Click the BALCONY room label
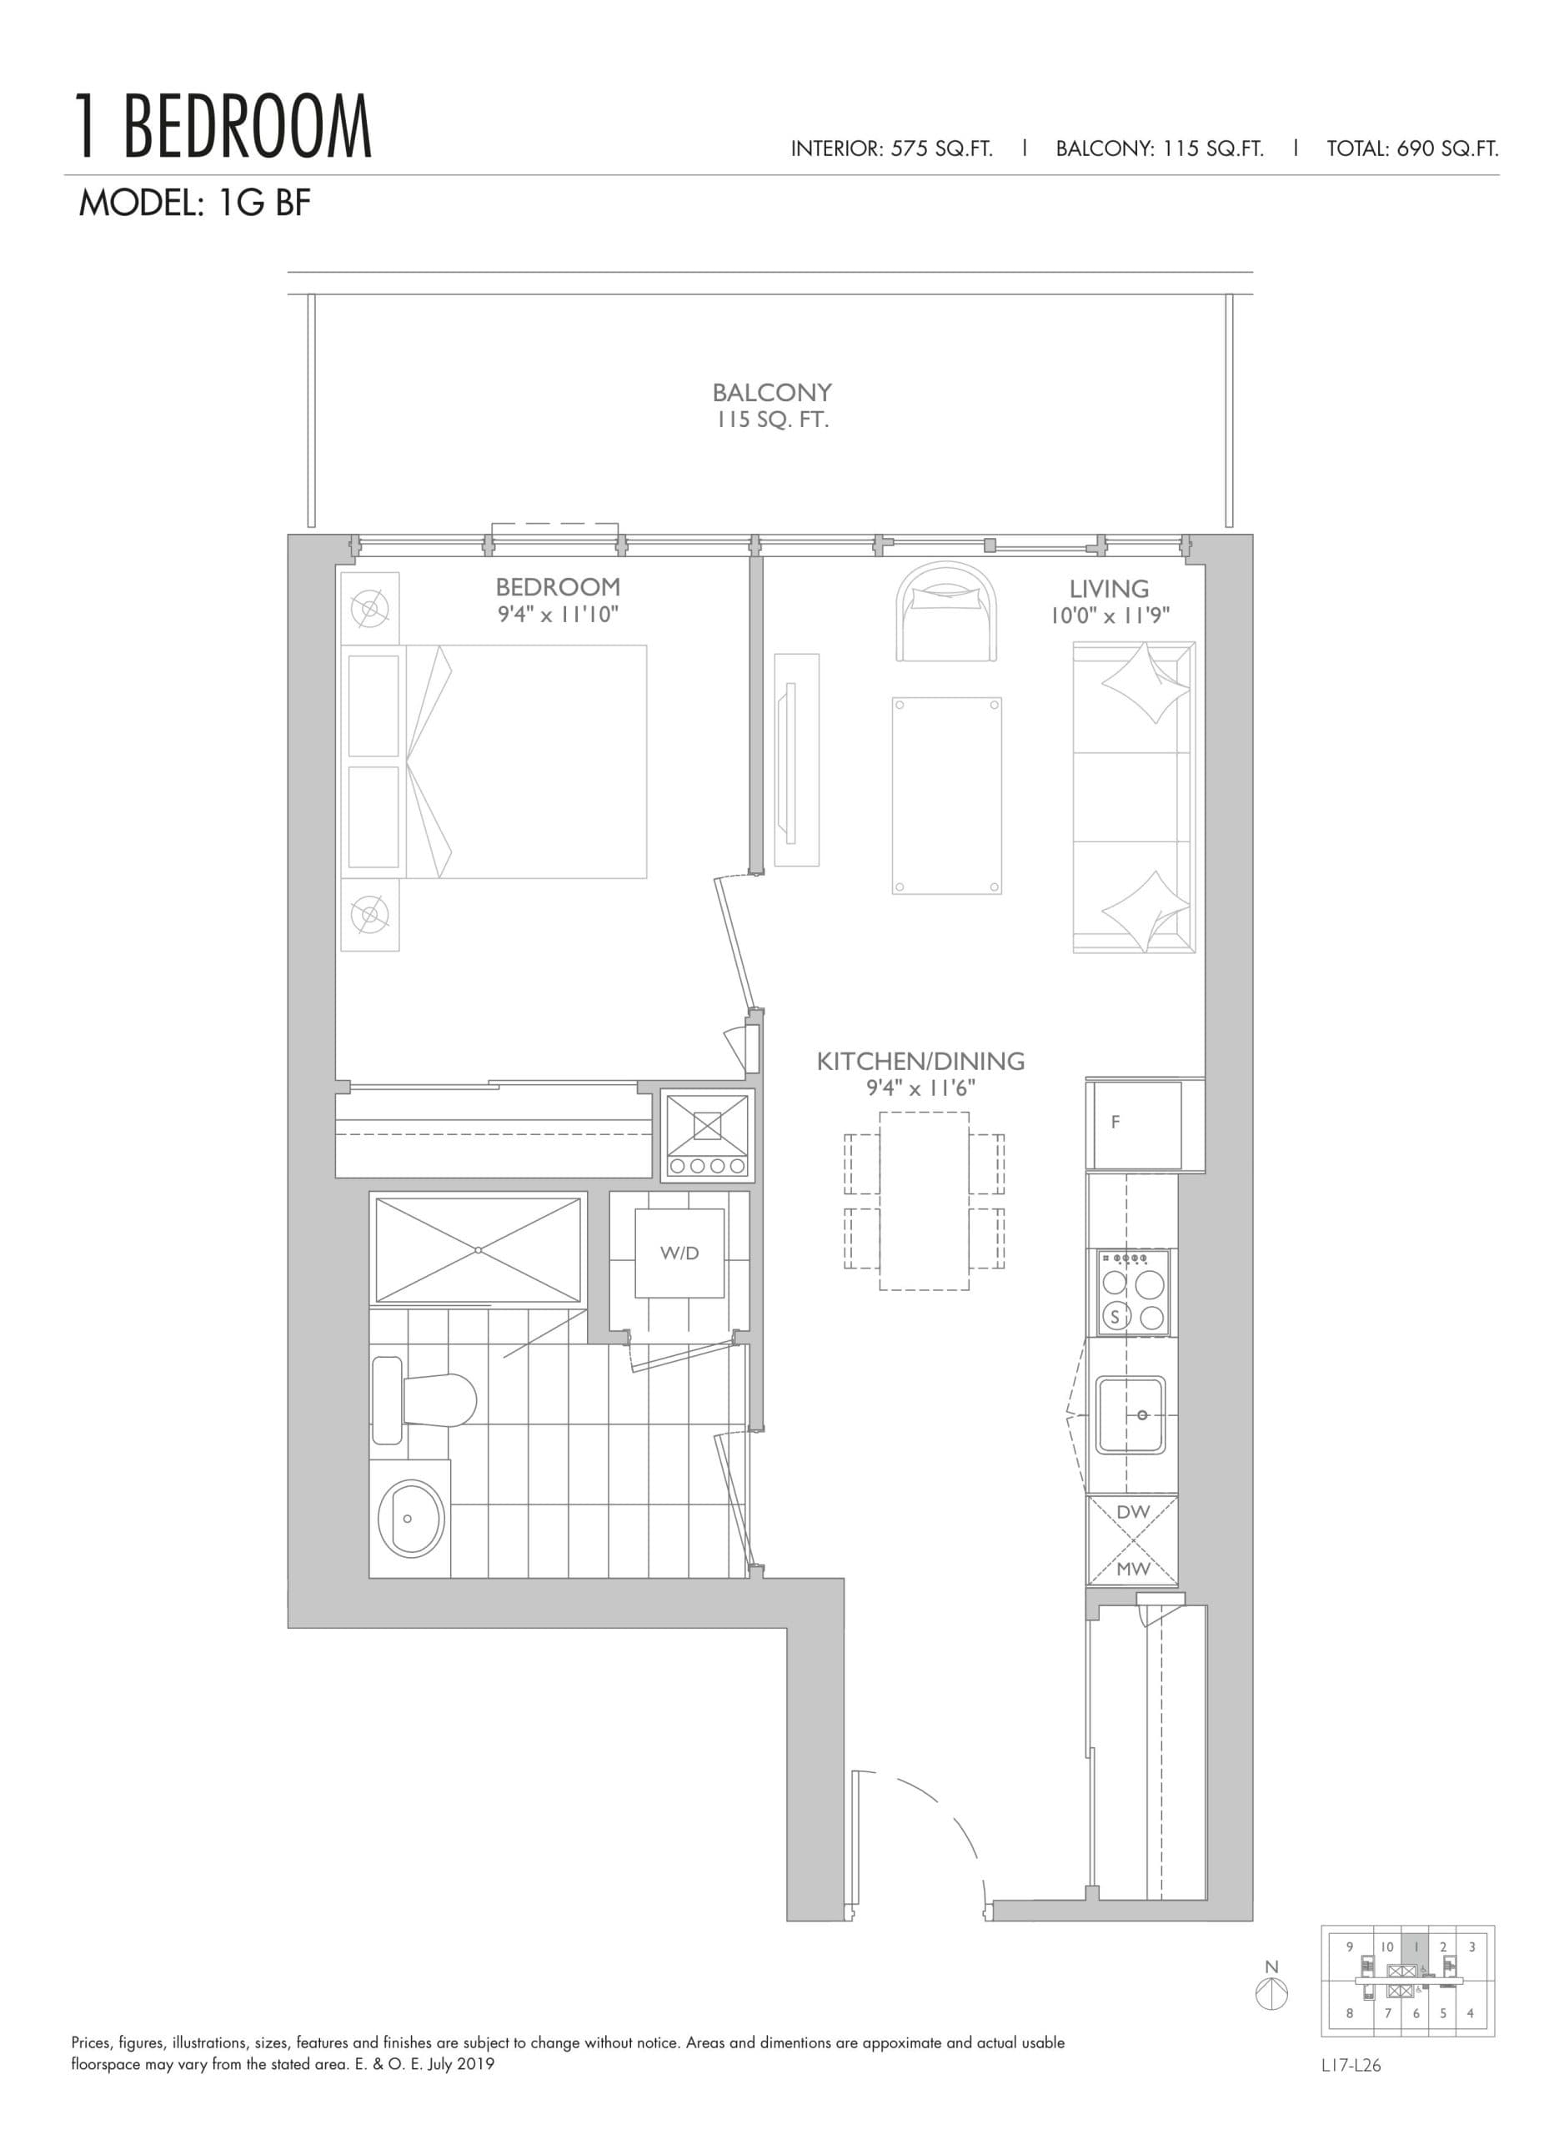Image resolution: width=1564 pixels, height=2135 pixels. pyautogui.click(x=772, y=392)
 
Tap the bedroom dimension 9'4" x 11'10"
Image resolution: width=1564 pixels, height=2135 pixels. pyautogui.click(x=558, y=615)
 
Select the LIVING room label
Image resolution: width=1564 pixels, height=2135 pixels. pyautogui.click(x=1109, y=589)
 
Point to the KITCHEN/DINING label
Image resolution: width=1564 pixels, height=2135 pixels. pyautogui.click(x=920, y=1062)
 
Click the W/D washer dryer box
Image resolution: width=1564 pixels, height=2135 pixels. pyautogui.click(x=679, y=1253)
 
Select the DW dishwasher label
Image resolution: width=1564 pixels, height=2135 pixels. pyautogui.click(x=1132, y=1512)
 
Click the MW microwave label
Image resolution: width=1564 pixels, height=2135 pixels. pyautogui.click(x=1132, y=1569)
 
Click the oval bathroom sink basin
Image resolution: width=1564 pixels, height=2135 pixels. pyautogui.click(x=410, y=1518)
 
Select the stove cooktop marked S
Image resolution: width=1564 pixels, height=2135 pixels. pyautogui.click(x=1133, y=1291)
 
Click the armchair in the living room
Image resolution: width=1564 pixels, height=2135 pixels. pyautogui.click(x=947, y=613)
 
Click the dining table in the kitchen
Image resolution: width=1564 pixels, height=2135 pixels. pyautogui.click(x=924, y=1201)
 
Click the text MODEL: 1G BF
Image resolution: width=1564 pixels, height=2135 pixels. pyautogui.click(x=194, y=203)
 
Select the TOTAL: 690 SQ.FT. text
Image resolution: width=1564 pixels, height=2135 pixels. pyautogui.click(x=1411, y=148)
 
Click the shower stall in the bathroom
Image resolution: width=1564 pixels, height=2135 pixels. pyautogui.click(x=477, y=1250)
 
